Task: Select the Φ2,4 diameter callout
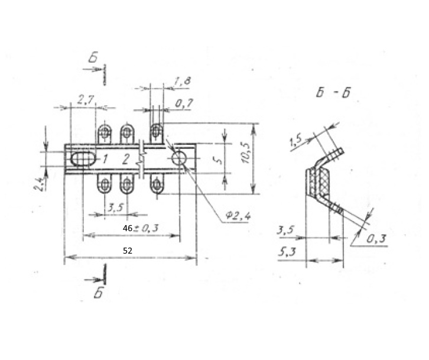(238, 216)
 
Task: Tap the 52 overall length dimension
(128, 251)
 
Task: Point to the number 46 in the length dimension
(128, 228)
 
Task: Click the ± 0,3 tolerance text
(146, 228)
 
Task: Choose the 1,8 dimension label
(182, 82)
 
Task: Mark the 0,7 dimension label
(184, 103)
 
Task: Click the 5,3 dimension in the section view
(287, 251)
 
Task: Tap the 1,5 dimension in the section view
(296, 141)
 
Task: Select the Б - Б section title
(333, 93)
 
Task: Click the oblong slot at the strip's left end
(83, 159)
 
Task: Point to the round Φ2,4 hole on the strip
(179, 158)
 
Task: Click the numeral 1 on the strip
(105, 158)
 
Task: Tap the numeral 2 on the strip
(126, 159)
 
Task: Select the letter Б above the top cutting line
(93, 57)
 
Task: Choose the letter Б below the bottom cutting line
(98, 293)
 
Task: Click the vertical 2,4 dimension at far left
(38, 184)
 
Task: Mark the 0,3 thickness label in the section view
(376, 239)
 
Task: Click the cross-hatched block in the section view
(325, 181)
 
